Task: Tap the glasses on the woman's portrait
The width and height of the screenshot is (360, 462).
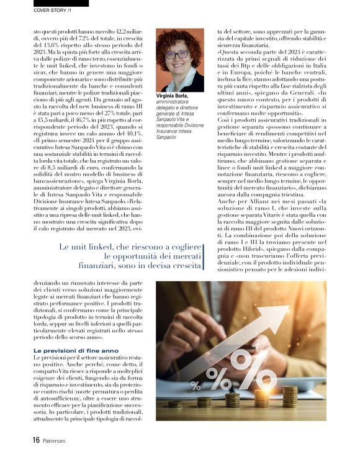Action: coord(178,55)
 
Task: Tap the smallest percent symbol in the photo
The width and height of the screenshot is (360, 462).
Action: coord(196,385)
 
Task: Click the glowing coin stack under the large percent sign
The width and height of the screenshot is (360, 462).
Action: coord(261,398)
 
